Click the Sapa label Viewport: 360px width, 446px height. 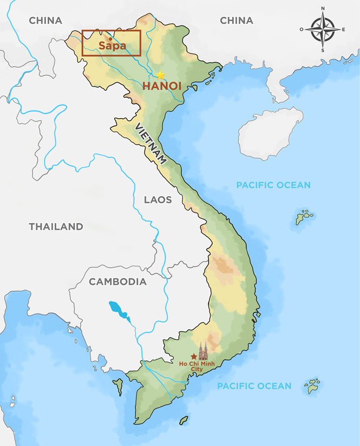pyautogui.click(x=112, y=46)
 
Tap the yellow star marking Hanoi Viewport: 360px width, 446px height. pyautogui.click(x=160, y=75)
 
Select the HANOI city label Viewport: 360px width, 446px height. pyautogui.click(x=161, y=86)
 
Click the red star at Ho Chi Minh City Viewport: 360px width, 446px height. pyautogui.click(x=194, y=357)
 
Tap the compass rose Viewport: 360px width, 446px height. pyautogui.click(x=323, y=29)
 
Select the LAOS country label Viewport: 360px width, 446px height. pyautogui.click(x=158, y=200)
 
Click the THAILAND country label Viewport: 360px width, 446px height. pyautogui.click(x=56, y=227)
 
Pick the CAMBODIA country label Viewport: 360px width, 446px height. pyautogui.click(x=117, y=282)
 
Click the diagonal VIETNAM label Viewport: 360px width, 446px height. pyautogui.click(x=150, y=144)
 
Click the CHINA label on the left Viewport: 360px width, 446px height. pyautogui.click(x=45, y=21)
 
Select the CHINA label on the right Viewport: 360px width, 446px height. pyautogui.click(x=237, y=21)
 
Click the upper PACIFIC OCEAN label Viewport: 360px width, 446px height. pyautogui.click(x=273, y=185)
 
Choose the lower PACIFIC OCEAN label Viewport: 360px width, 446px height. pyautogui.click(x=254, y=386)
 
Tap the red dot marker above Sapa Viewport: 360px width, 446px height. pyautogui.click(x=110, y=38)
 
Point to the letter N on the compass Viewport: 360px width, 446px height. pyautogui.click(x=323, y=8)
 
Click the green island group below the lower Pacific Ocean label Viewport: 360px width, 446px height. pyautogui.click(x=313, y=386)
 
